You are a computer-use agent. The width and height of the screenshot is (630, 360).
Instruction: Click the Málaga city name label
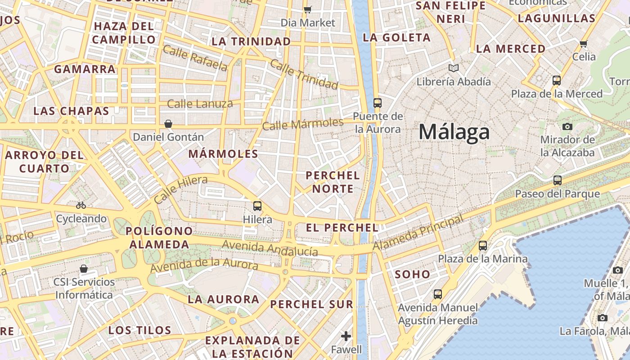(454, 132)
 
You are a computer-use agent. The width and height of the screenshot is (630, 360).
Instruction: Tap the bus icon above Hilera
(257, 206)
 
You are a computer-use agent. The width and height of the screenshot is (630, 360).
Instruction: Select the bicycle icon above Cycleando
(81, 205)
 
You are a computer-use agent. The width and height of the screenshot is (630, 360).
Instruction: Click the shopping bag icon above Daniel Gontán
(168, 123)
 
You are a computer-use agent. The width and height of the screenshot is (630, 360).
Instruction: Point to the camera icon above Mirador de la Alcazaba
(567, 126)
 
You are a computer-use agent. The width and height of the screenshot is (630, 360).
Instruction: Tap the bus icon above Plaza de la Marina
(483, 246)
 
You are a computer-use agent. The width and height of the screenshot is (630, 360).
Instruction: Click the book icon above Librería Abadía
(453, 68)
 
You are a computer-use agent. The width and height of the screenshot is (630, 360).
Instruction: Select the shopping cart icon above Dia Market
(308, 9)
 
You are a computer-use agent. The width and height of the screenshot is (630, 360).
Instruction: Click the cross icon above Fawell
(346, 336)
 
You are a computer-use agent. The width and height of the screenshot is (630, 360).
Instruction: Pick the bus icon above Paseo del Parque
(558, 180)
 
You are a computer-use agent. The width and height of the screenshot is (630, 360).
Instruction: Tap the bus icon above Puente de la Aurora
(378, 103)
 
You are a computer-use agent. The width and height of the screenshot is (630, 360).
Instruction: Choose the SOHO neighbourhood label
(412, 274)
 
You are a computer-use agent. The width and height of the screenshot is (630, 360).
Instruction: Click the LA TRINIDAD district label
(251, 41)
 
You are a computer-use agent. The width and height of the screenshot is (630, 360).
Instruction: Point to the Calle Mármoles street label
(302, 124)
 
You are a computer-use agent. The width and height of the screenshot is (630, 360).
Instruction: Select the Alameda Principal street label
(418, 233)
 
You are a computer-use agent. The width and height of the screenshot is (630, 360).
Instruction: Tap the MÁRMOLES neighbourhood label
(223, 154)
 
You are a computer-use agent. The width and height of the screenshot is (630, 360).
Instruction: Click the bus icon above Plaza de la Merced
(557, 81)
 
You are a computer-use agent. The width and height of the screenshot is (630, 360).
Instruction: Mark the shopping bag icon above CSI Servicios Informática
(84, 269)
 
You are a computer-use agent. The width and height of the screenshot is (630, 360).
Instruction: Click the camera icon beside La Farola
(603, 318)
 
